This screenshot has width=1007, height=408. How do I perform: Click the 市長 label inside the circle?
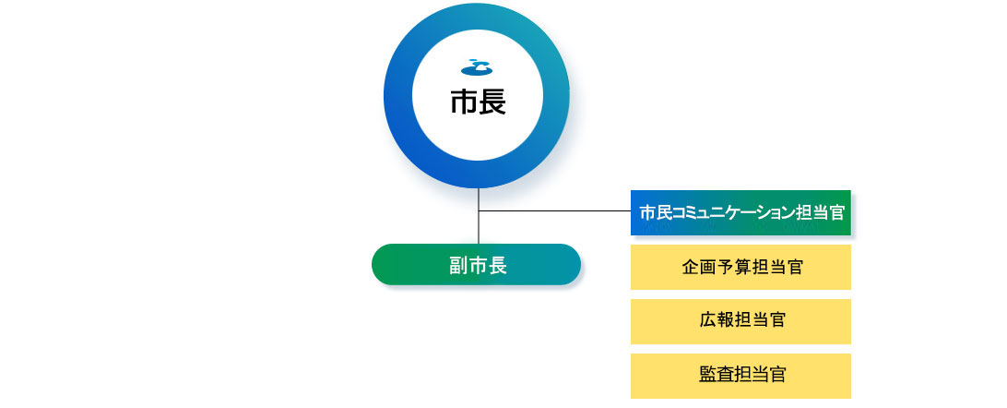(x=478, y=102)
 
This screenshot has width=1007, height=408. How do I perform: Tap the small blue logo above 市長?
(x=477, y=66)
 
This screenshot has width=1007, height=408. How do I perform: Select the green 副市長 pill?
(x=477, y=264)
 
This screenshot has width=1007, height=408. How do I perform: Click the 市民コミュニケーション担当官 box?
(x=740, y=212)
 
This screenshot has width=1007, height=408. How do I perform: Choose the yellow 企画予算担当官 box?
(x=740, y=267)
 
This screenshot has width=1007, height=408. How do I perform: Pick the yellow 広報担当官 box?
(x=740, y=321)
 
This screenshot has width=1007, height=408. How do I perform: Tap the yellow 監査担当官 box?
(x=740, y=376)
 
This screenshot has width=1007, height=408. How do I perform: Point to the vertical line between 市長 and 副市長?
(x=479, y=216)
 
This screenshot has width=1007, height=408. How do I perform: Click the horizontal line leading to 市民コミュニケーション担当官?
(x=555, y=210)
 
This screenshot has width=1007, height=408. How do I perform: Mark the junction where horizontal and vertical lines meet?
(x=479, y=210)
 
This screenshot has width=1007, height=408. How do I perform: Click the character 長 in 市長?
(x=492, y=102)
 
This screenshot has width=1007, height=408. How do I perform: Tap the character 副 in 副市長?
(x=458, y=265)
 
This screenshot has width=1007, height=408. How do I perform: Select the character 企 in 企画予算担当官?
(x=691, y=268)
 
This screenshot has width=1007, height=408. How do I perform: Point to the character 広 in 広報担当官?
(x=707, y=320)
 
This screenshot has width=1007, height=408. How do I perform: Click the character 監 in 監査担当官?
(x=707, y=375)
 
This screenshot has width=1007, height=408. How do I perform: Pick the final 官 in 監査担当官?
(x=777, y=375)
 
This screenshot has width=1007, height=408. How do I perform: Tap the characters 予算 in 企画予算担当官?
(x=733, y=268)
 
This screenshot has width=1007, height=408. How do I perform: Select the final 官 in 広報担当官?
(x=777, y=320)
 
